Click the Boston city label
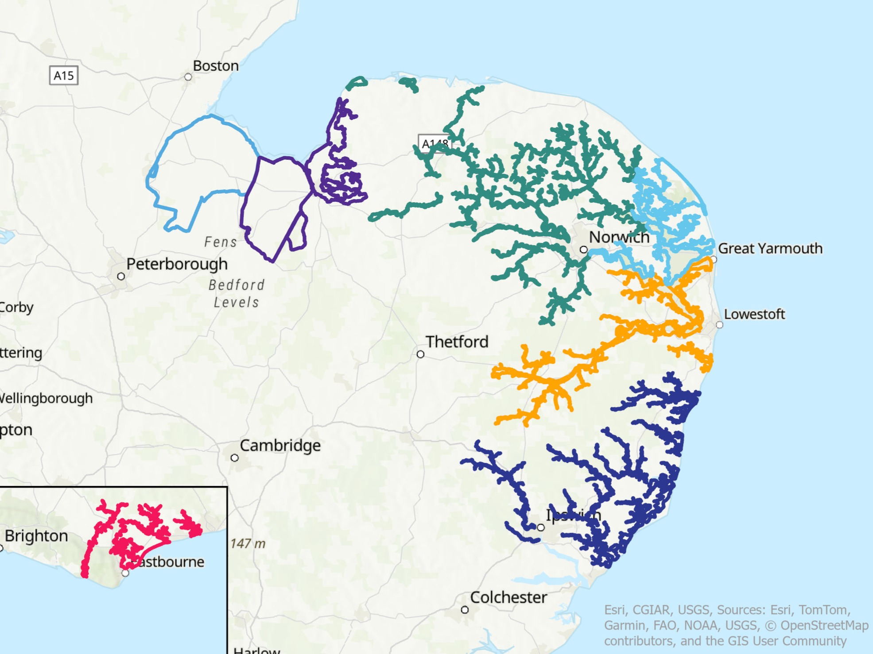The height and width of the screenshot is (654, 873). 216,66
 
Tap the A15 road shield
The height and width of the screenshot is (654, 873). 64,76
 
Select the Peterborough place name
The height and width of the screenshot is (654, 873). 177,264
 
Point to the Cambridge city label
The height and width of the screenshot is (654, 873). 280,446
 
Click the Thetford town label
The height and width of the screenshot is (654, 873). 457,342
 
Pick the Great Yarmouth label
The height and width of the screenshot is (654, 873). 770,249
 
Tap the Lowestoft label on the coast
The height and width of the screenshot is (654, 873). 754,314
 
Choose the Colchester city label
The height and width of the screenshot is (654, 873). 508,598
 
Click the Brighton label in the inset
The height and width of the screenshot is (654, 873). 36,536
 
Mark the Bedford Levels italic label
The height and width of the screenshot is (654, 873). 237,293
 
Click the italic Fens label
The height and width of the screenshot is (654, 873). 221,242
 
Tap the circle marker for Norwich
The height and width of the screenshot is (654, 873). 584,250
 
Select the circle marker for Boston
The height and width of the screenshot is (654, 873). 188,77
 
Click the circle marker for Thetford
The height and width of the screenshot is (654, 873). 420,354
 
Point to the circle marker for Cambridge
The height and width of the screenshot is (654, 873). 235,458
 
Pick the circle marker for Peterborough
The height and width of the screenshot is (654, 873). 121,277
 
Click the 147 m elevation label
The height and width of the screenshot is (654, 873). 248,543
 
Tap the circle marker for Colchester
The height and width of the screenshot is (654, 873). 465,610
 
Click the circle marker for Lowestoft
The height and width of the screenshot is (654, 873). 719,325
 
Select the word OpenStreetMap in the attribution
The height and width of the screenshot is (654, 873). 824,626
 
